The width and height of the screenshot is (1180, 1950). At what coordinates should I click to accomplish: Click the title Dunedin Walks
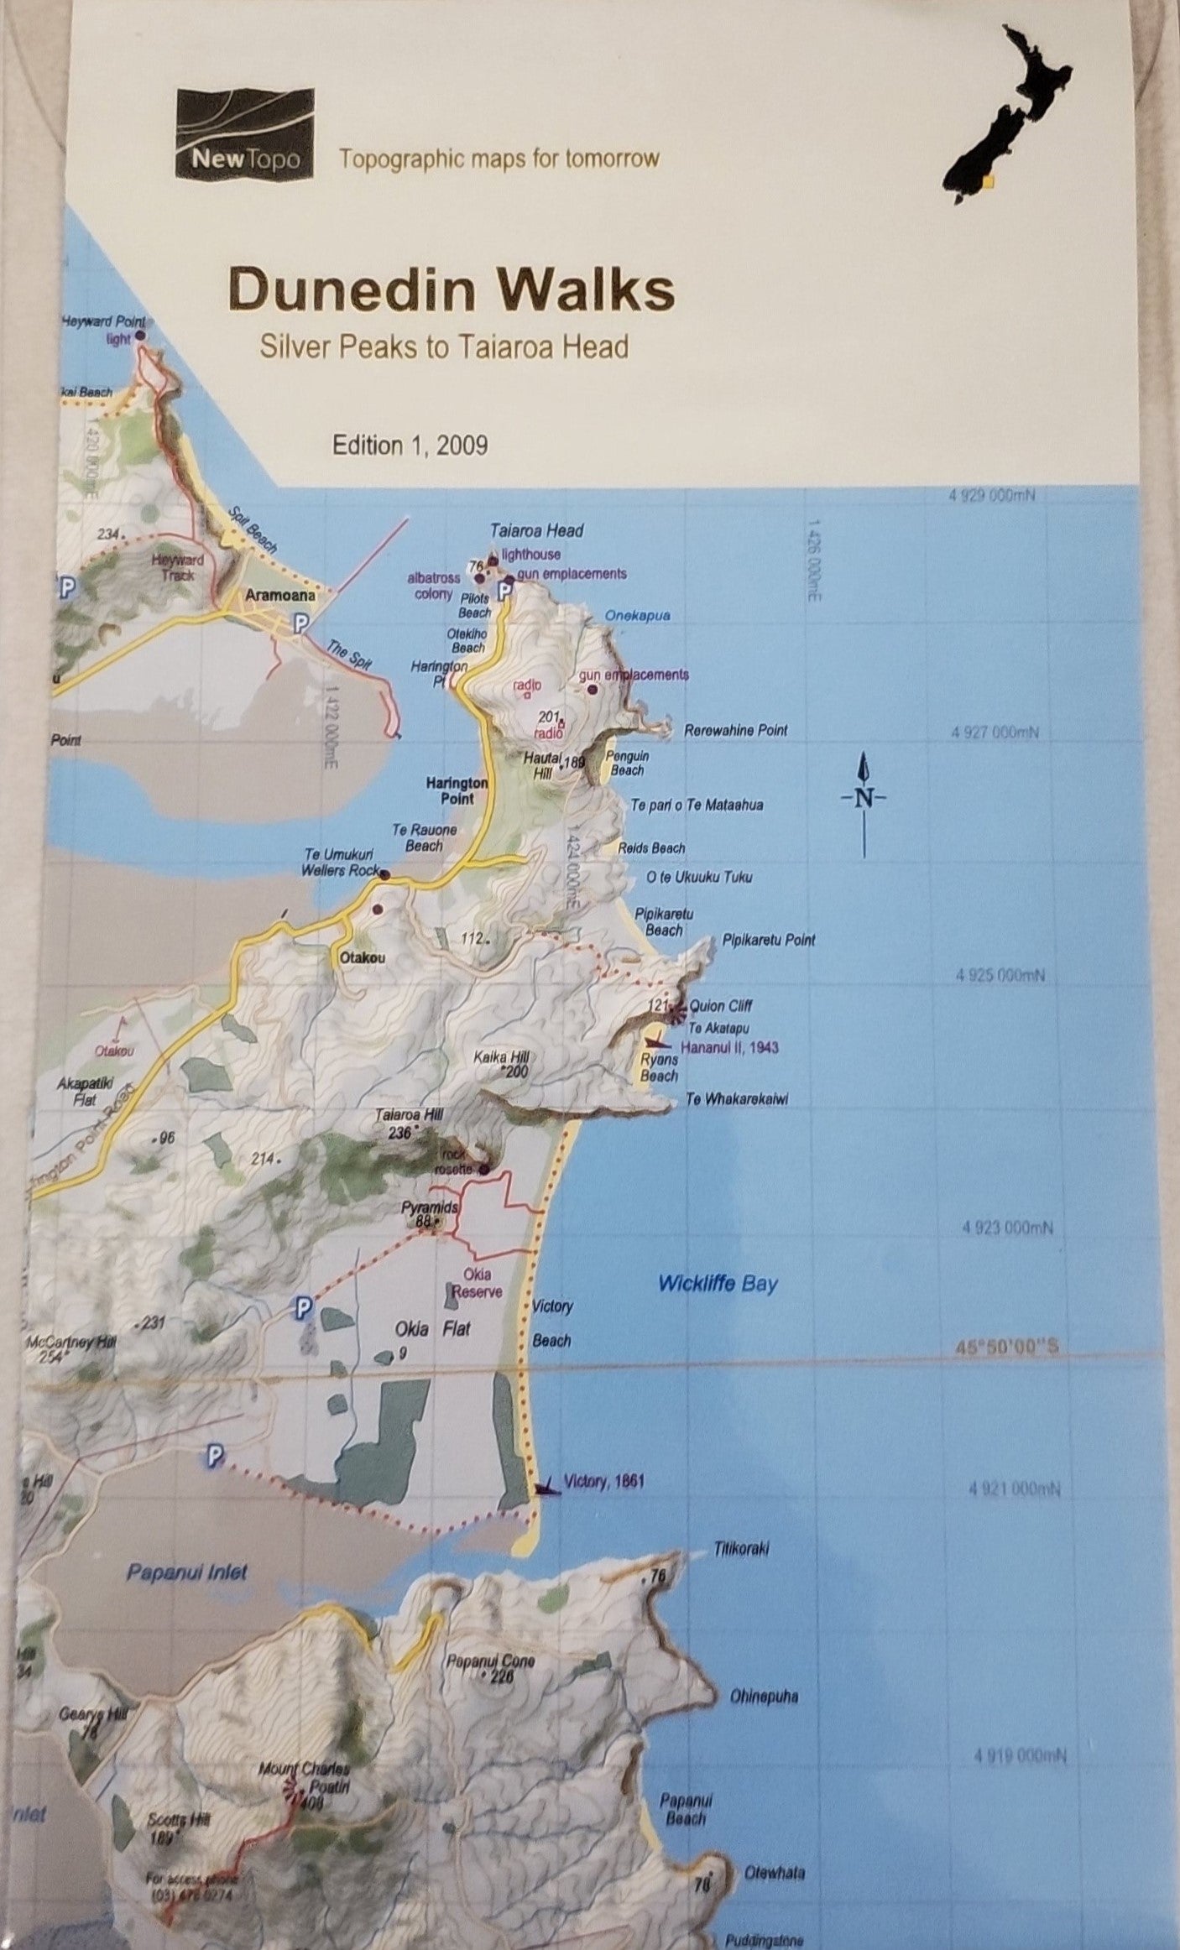coord(452,291)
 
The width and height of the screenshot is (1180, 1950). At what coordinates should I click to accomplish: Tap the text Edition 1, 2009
coord(410,445)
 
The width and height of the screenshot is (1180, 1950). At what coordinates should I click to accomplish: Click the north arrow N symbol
coord(864,796)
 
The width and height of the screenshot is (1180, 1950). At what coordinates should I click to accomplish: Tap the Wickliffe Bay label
coord(718,1283)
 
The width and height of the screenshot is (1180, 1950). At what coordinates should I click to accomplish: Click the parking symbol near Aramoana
coord(299,622)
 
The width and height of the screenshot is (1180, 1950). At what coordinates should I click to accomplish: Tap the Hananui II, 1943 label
coord(728,1047)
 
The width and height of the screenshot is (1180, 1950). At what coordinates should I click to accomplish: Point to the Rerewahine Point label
coord(736,730)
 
